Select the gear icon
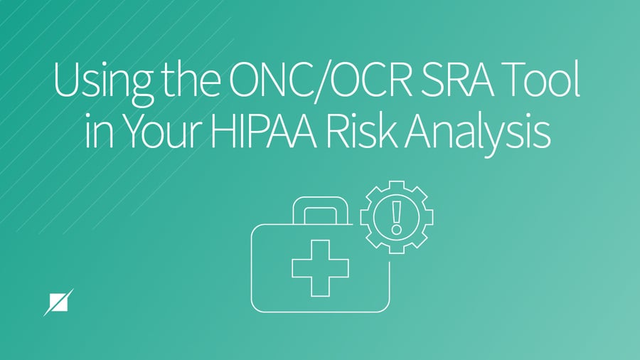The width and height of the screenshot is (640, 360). [x=397, y=214]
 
